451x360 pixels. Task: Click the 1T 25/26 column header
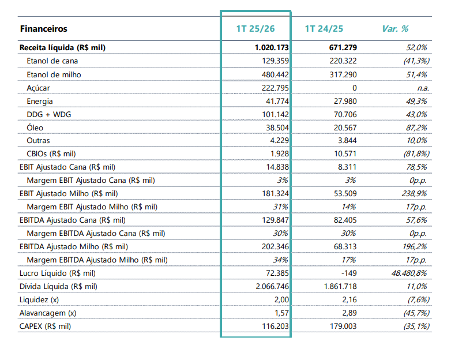coord(255,29)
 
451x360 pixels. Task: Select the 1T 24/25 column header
coord(324,29)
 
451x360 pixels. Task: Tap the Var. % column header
coord(395,29)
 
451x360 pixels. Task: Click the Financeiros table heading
coord(44,29)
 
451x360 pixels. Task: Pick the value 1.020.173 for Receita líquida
coord(272,47)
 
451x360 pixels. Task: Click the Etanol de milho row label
coord(54,75)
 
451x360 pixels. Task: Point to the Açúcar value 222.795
coord(275,88)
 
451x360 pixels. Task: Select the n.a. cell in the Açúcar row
coord(423,88)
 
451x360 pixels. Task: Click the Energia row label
coord(40,102)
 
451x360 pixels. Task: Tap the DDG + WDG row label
coord(49,115)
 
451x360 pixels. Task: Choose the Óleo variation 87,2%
coord(416,127)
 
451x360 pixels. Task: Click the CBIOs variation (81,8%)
coord(416,153)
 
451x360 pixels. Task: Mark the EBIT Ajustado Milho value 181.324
coord(275,194)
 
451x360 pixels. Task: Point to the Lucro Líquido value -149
coord(349,273)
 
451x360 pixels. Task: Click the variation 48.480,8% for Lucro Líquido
coord(409,273)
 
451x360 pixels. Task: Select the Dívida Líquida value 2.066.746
coord(272,286)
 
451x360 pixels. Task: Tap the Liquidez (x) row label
coord(39,300)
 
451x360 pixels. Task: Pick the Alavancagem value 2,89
coord(349,313)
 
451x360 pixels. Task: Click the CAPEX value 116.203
coord(275,327)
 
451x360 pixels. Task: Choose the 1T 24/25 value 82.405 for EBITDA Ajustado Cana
coord(345,220)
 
